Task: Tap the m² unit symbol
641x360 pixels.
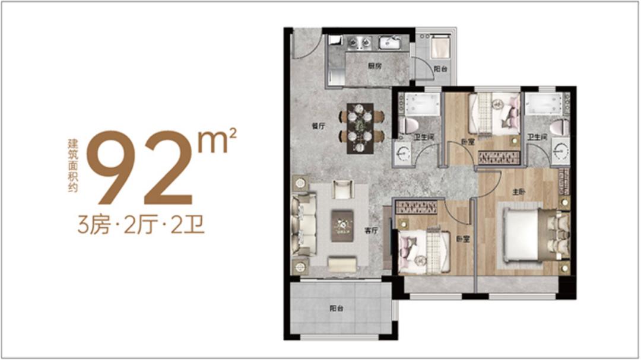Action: coord(217,140)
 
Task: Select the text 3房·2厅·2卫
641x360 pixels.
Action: coord(141,225)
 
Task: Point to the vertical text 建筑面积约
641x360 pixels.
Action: coord(73,165)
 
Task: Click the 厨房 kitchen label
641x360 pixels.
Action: coord(374,66)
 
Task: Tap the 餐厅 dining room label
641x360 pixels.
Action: coord(318,126)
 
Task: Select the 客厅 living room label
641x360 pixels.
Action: coord(371,231)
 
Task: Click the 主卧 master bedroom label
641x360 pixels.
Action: coord(518,191)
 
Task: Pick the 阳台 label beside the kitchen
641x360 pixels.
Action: coord(440,69)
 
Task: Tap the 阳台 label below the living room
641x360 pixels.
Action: coord(336,308)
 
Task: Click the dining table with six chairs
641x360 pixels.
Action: coord(361,128)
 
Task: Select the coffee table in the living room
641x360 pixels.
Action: coord(342,225)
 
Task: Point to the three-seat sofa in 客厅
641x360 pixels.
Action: coord(303,225)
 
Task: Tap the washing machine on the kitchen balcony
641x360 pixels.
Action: coord(440,47)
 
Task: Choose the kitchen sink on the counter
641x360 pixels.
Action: coord(391,43)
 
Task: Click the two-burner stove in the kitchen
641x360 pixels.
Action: coord(359,43)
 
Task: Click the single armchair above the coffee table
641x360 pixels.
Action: coord(342,190)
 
